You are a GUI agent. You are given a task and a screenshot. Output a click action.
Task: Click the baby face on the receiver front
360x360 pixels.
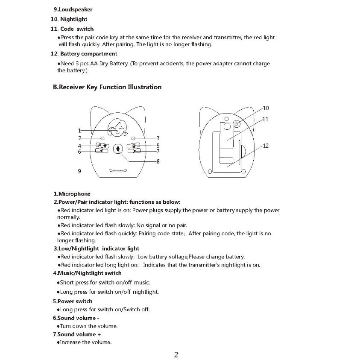pyautogui.click(x=117, y=128)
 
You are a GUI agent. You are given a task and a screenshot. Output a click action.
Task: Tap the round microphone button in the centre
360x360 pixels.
pyautogui.click(x=118, y=149)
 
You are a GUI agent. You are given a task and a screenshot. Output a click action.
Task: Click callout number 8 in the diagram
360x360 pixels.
pyautogui.click(x=158, y=161)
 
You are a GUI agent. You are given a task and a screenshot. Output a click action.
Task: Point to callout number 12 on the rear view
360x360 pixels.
pyautogui.click(x=265, y=146)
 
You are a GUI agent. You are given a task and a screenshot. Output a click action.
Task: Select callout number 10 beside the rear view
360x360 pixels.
pyautogui.click(x=266, y=108)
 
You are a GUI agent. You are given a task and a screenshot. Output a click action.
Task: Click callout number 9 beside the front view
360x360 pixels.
pyautogui.click(x=79, y=171)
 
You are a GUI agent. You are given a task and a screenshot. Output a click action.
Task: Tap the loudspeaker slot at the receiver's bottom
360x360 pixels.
pyautogui.click(x=118, y=171)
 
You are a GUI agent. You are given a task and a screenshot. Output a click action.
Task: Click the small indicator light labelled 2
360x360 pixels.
pyautogui.click(x=102, y=138)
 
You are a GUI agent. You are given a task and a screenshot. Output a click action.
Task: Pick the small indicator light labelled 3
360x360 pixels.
pyautogui.click(x=134, y=138)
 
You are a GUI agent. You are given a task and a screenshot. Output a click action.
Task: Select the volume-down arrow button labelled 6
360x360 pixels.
pyautogui.click(x=101, y=151)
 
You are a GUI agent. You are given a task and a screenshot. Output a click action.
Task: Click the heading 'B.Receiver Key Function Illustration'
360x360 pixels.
pyautogui.click(x=107, y=87)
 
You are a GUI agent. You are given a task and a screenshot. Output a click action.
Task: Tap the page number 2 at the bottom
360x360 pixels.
pyautogui.click(x=176, y=354)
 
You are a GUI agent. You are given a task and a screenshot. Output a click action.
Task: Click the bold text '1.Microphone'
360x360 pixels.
pyautogui.click(x=72, y=194)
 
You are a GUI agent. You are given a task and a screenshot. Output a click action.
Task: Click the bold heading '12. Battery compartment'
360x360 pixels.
pyautogui.click(x=84, y=54)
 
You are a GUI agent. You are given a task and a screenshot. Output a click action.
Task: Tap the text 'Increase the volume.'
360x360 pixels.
pyautogui.click(x=85, y=342)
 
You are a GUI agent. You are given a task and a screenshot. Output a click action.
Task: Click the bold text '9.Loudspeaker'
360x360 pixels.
pyautogui.click(x=73, y=9)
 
